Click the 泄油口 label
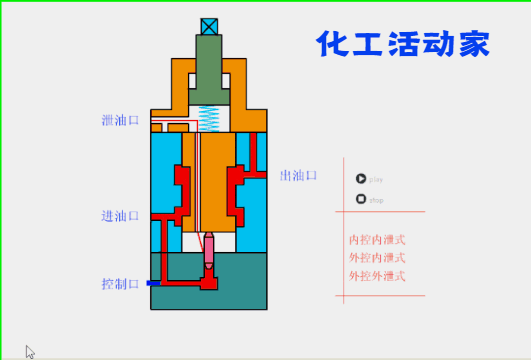pyautogui.click(x=120, y=122)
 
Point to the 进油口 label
pyautogui.click(x=120, y=216)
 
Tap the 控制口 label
pyautogui.click(x=120, y=283)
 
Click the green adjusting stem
pyautogui.click(x=210, y=70)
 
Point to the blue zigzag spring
pyautogui.click(x=210, y=118)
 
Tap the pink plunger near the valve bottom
pyautogui.click(x=210, y=252)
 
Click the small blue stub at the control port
pyautogui.click(x=152, y=283)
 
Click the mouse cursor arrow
pyautogui.click(x=30, y=351)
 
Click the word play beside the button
pyautogui.click(x=377, y=179)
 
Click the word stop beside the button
pyautogui.click(x=377, y=200)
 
